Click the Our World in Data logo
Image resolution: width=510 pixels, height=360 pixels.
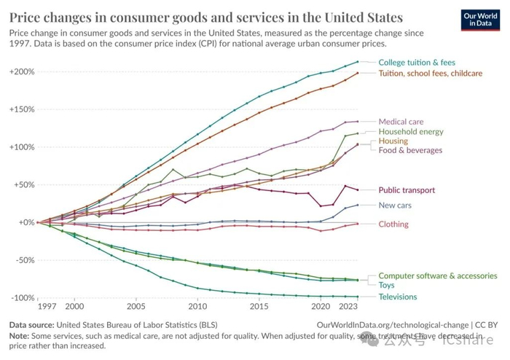point(479,18)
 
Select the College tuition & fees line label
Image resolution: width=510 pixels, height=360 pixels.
point(417,63)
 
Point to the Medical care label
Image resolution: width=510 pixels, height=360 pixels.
point(401,122)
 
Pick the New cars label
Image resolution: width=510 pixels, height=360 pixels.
point(395,206)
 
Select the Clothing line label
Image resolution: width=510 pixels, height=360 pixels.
point(393,224)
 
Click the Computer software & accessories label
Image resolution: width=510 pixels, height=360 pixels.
point(438,276)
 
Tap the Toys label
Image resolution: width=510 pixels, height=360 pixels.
point(388,286)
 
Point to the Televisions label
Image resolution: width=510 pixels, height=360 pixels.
point(398,297)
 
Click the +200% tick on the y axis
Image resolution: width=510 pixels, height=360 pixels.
point(23,72)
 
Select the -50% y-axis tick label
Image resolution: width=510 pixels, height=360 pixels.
point(24,260)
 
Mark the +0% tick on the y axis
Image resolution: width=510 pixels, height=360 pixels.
point(25,222)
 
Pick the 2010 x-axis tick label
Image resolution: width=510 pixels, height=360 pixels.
point(197,308)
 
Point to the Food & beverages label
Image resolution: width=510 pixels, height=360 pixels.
point(410,150)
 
